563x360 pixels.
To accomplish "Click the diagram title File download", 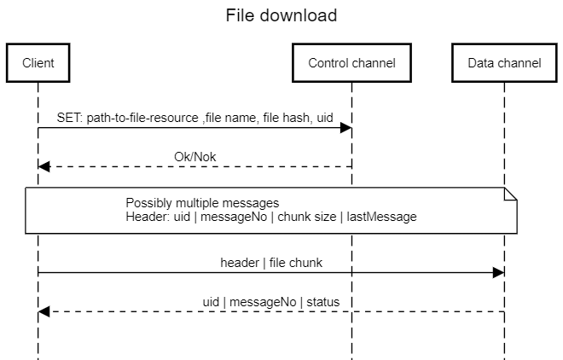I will [x=281, y=15].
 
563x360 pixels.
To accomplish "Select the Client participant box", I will [x=38, y=63].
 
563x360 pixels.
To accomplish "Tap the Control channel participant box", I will [x=351, y=63].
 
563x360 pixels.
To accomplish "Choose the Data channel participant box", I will [x=504, y=63].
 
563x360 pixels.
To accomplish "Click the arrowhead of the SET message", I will [x=346, y=128].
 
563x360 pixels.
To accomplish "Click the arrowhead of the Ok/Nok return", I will [x=44, y=166].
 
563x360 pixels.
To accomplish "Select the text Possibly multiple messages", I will [x=202, y=203].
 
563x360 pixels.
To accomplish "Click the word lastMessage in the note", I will [x=383, y=217].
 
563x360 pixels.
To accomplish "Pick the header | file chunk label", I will [x=271, y=263].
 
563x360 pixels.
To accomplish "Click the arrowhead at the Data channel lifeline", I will [x=499, y=273].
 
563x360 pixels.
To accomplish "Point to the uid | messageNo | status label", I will [x=271, y=301].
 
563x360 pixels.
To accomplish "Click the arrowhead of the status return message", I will [x=44, y=311].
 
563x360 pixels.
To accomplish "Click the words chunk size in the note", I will [x=307, y=217].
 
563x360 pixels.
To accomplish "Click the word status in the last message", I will [x=324, y=301].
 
